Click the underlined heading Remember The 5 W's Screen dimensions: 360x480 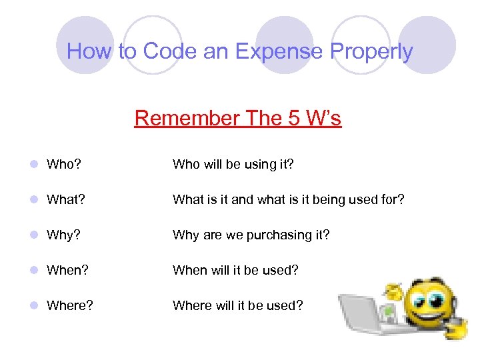pyautogui.click(x=238, y=118)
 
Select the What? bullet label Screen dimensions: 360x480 pyautogui.click(x=67, y=199)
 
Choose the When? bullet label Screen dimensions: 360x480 pyautogui.click(x=68, y=270)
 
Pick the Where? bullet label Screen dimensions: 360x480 pyautogui.click(x=70, y=305)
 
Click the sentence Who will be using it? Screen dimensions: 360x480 pyautogui.click(x=234, y=164)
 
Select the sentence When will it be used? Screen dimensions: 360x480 pyautogui.click(x=235, y=270)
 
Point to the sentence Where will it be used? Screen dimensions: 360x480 pyautogui.click(x=237, y=305)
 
